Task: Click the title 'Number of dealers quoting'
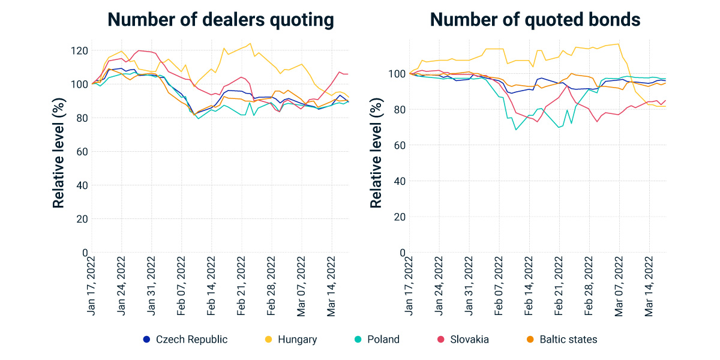click(221, 20)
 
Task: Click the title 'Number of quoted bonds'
click(535, 20)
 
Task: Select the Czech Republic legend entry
click(185, 340)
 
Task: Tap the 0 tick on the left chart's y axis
click(85, 253)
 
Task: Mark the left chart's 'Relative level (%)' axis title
click(58, 152)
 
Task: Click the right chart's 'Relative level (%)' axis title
click(376, 152)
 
